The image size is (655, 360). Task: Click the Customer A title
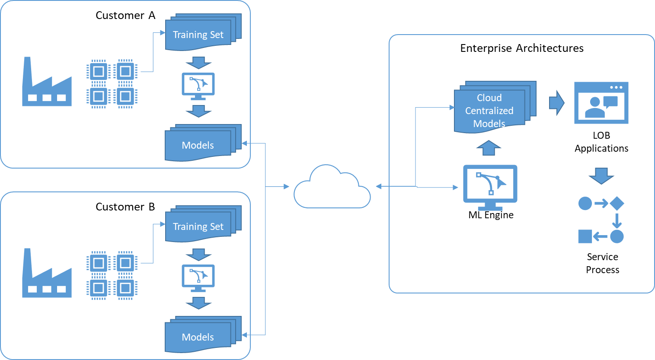125,15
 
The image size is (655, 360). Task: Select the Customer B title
125,207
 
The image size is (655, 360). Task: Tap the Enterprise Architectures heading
522,48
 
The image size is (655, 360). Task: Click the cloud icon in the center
332,187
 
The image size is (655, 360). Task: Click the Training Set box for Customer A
203,32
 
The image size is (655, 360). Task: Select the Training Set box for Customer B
203,224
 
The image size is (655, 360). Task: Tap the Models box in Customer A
203,143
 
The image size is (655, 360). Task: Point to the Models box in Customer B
203,335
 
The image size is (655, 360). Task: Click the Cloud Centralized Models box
495,107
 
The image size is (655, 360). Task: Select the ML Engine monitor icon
490,187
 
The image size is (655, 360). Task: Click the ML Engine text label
491,215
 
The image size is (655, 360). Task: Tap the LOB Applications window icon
601,103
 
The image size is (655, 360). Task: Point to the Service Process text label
602,263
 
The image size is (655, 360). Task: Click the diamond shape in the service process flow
617,204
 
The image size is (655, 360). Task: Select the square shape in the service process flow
585,236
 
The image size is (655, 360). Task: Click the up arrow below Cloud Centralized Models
489,148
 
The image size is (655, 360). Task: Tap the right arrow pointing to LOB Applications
557,103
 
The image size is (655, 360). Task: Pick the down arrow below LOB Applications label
601,176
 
